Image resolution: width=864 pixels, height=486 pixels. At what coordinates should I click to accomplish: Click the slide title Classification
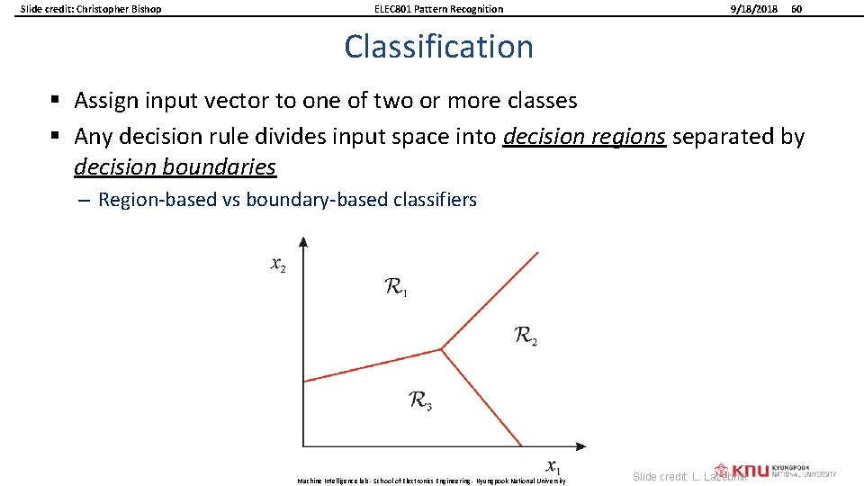point(438,47)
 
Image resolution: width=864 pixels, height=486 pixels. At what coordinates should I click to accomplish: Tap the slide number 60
point(796,9)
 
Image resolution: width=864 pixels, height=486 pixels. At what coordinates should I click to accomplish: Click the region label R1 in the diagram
point(396,288)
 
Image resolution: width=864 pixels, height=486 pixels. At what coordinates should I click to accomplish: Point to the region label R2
point(526,337)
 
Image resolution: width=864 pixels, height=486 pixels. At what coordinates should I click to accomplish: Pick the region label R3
point(420,400)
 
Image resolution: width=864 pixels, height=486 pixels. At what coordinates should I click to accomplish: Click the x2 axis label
point(278,265)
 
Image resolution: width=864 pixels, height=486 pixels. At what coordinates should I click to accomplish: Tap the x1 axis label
point(553,467)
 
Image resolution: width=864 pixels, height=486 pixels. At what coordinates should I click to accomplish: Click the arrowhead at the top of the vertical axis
point(303,242)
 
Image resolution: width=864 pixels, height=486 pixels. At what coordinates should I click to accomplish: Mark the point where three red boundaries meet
point(441,349)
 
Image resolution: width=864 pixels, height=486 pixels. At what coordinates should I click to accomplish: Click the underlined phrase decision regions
point(585,137)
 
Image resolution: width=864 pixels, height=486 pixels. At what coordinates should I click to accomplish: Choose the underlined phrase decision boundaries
point(175,167)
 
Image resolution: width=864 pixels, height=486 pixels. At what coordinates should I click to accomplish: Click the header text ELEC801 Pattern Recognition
point(438,9)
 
